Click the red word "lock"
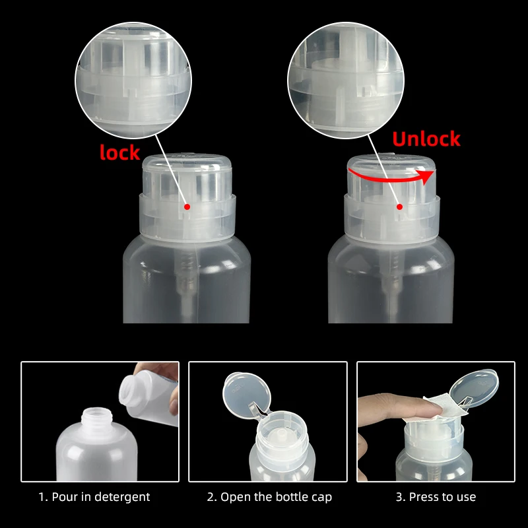pos(119,152)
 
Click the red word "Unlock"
pos(426,139)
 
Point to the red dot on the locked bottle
pos(187,207)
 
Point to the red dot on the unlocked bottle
pos(399,207)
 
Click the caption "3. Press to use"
pos(436,497)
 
